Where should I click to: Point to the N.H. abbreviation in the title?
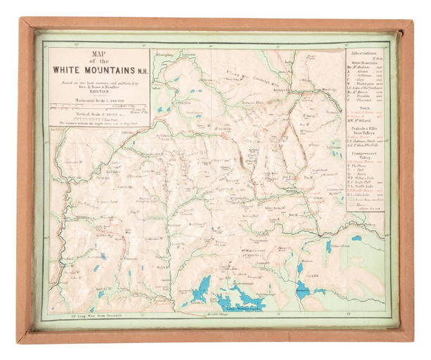click(x=141, y=70)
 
